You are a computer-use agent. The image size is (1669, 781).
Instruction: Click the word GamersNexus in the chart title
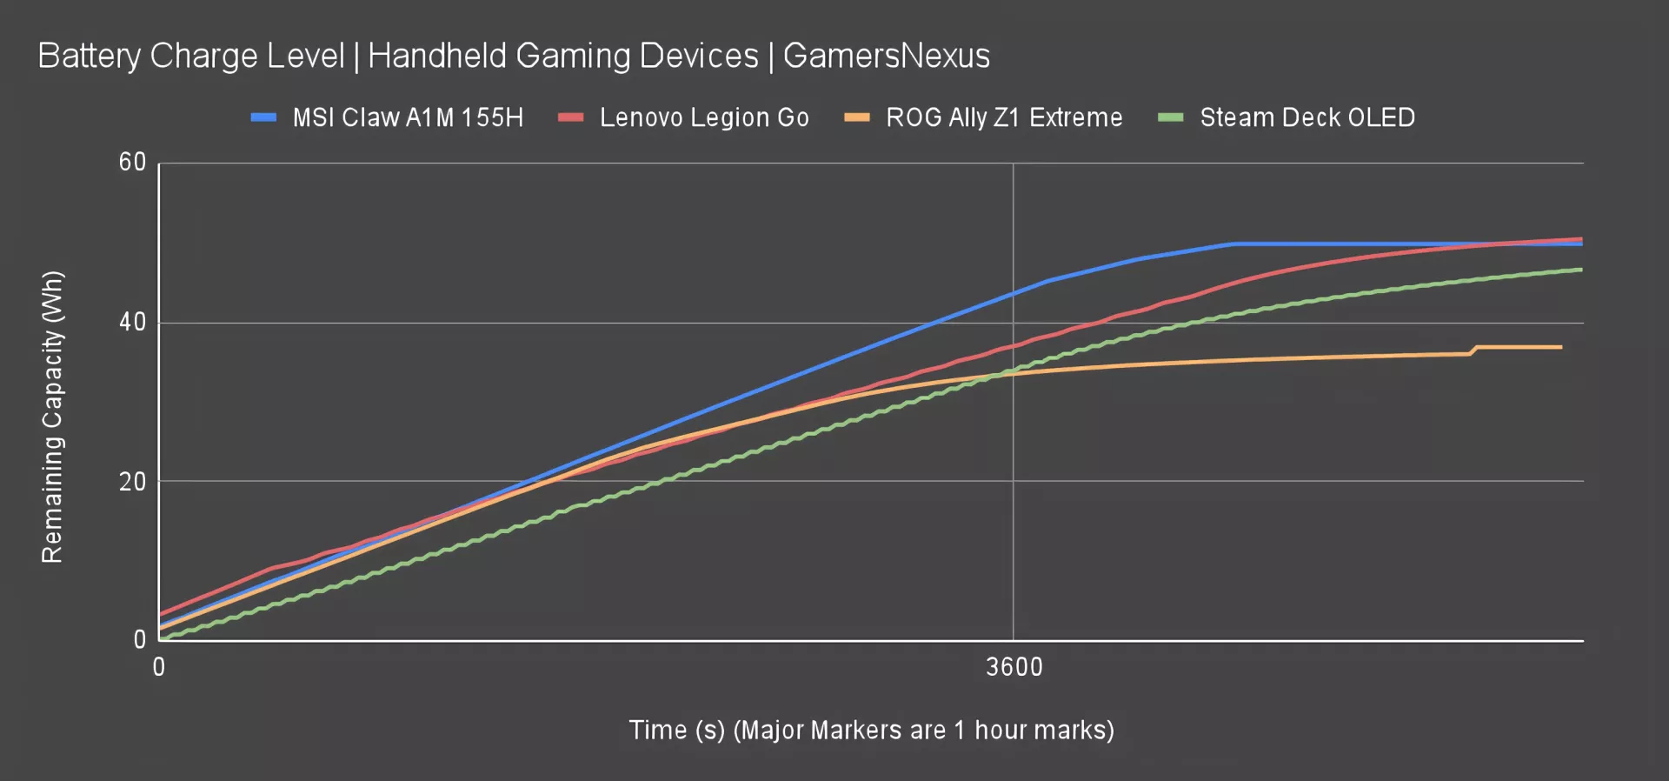tap(886, 56)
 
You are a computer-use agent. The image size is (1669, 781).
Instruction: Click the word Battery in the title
tap(89, 56)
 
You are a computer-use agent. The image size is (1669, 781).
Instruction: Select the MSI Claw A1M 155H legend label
tap(408, 117)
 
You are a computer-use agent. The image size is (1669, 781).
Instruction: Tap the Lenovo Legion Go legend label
tap(704, 117)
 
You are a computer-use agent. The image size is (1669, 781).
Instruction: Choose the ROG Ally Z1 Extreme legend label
tap(1004, 117)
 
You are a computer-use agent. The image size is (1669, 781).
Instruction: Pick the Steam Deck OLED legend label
tap(1307, 117)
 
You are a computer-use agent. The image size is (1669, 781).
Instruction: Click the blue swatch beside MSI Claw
tap(263, 117)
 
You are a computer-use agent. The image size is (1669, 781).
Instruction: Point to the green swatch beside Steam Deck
tap(1171, 117)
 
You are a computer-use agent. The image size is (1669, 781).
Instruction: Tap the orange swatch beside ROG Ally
tap(857, 117)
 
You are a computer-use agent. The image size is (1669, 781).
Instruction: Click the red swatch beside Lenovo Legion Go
tap(570, 117)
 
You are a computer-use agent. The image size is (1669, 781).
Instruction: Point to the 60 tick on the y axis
tap(132, 163)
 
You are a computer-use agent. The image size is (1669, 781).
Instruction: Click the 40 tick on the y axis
tap(132, 323)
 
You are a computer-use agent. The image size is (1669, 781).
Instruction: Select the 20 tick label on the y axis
tap(132, 482)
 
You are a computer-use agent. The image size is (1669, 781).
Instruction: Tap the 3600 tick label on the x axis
tap(1014, 667)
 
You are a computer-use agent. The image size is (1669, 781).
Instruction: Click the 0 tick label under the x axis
tap(159, 667)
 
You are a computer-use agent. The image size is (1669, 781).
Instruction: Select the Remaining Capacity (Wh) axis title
tap(52, 417)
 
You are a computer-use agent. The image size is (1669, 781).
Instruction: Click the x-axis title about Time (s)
tap(871, 730)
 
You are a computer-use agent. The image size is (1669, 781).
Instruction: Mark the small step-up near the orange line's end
tap(1474, 350)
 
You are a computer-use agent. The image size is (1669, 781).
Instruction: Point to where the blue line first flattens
tap(1233, 244)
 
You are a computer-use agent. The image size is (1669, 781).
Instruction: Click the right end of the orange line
tap(1561, 347)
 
